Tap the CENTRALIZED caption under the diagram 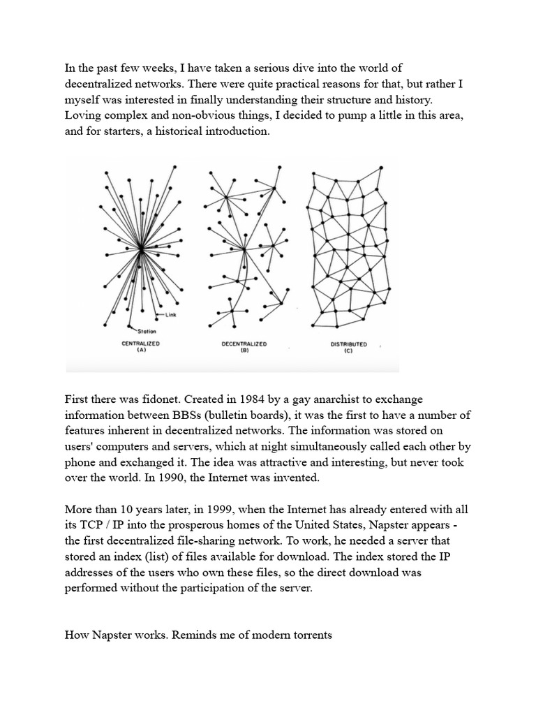[x=140, y=344]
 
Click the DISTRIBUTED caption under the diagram [x=348, y=344]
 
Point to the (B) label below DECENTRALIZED [x=244, y=351]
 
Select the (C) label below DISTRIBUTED [x=348, y=351]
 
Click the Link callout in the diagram [x=172, y=315]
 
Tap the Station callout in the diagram [x=146, y=330]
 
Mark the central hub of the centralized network [x=140, y=247]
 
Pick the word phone [x=80, y=462]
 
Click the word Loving [x=83, y=115]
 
